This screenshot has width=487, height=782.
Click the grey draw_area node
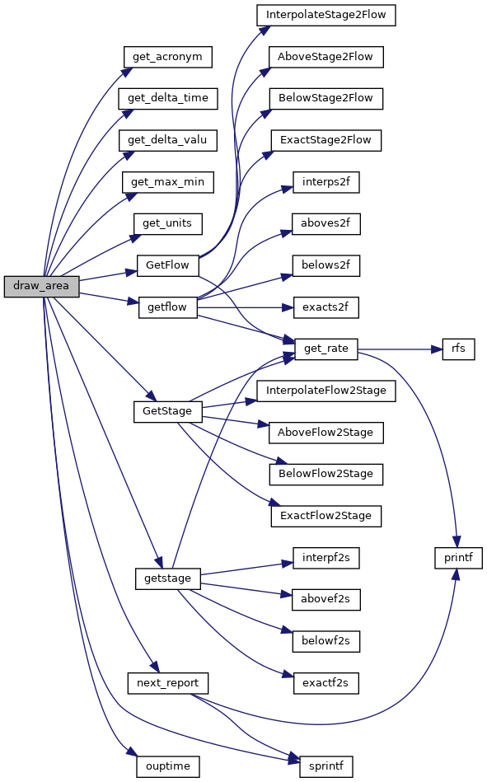[x=41, y=286]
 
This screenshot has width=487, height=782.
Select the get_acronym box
[x=167, y=57]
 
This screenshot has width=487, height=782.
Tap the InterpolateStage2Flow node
[x=325, y=15]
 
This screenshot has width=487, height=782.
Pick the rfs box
[x=458, y=349]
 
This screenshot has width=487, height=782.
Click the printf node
[x=458, y=558]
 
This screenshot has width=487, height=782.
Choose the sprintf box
[x=325, y=766]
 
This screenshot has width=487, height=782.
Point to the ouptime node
[x=167, y=766]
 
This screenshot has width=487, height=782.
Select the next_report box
[x=167, y=683]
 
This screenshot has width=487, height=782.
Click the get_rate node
[x=325, y=349]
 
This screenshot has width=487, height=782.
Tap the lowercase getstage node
[x=167, y=578]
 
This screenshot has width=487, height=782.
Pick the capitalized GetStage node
[x=167, y=411]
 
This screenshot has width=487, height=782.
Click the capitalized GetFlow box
[x=167, y=265]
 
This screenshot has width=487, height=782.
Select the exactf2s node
[x=325, y=683]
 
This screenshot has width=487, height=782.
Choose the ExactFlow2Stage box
[x=325, y=516]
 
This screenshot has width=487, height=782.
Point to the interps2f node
[x=325, y=182]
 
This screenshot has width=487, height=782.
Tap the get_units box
[x=167, y=223]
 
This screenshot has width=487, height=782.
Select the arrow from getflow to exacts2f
[x=245, y=307]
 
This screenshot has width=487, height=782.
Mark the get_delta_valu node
[x=167, y=140]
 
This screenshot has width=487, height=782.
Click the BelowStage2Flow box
[x=325, y=98]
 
